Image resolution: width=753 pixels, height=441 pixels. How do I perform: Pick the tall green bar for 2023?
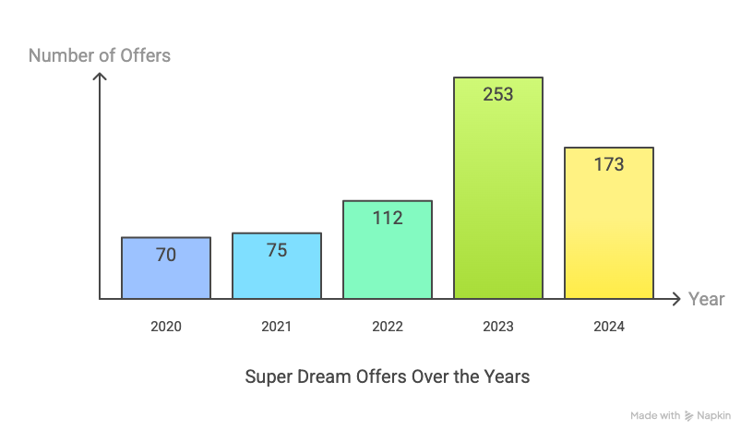tap(498, 203)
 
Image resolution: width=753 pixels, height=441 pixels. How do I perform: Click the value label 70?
tap(166, 256)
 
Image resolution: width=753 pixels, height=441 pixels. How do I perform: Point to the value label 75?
tap(277, 250)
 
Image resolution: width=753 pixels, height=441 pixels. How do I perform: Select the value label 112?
tap(388, 219)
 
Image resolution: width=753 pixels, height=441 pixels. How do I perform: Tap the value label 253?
tap(498, 94)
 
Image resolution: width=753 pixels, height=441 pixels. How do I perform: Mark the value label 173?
tap(609, 165)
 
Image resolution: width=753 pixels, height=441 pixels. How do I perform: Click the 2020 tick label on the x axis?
tap(166, 327)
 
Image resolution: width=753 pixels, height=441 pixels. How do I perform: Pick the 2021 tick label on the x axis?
tap(277, 327)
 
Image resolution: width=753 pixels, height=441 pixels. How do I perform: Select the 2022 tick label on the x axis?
tap(388, 327)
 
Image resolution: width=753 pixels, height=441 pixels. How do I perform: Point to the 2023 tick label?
tap(498, 327)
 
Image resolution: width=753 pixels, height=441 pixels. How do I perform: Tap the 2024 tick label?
tap(609, 327)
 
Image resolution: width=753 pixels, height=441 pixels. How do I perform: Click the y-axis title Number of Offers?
tap(100, 55)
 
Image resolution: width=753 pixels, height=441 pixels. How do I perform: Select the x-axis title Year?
tap(707, 299)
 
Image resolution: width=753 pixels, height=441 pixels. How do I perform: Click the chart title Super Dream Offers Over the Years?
tap(388, 377)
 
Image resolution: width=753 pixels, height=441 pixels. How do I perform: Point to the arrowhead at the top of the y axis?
tap(100, 77)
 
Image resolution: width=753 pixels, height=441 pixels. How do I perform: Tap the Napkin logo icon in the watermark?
tap(688, 416)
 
